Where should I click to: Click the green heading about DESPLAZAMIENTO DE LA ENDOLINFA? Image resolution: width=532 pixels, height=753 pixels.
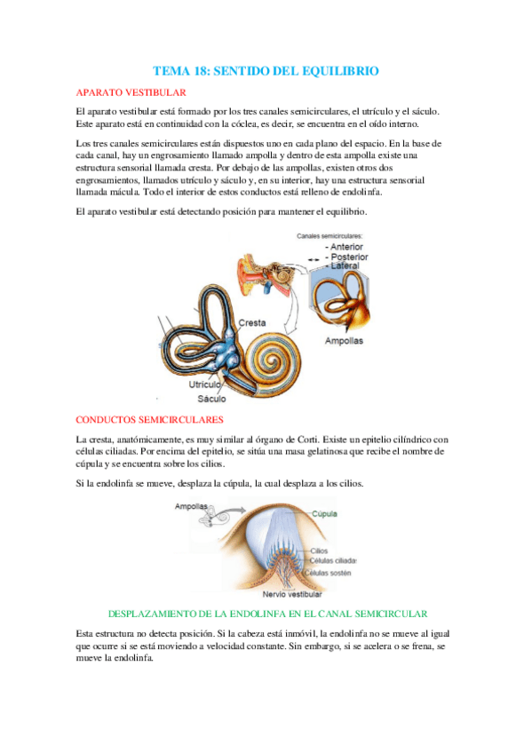(267, 614)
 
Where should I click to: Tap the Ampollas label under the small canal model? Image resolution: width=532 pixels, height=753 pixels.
(344, 340)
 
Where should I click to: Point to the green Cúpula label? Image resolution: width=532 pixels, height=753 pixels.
(323, 513)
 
